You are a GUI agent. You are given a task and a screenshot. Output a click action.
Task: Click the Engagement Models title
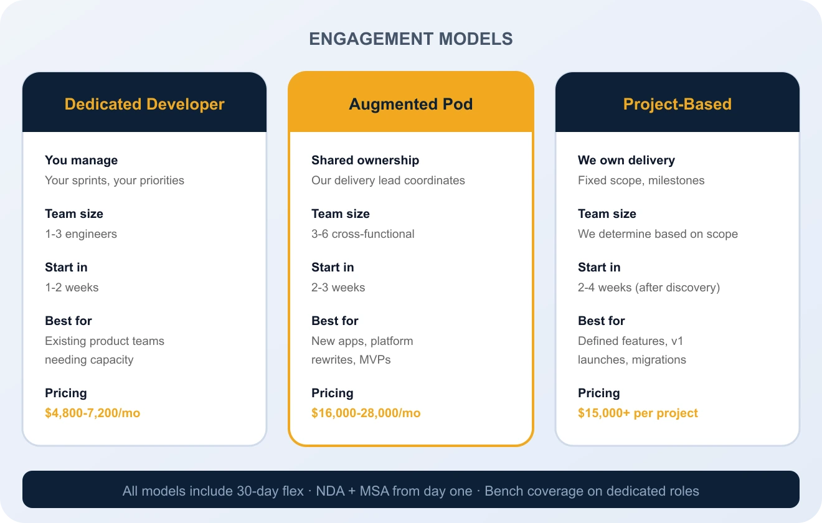[411, 39]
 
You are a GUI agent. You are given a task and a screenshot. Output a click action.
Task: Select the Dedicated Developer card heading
[144, 104]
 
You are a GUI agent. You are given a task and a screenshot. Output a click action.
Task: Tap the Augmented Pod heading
[411, 104]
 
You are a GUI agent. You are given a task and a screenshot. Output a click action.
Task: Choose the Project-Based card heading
[677, 104]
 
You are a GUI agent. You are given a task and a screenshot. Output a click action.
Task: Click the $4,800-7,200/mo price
[92, 413]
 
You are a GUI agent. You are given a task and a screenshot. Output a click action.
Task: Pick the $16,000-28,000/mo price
[366, 413]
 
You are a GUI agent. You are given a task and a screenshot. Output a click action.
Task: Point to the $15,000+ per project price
[638, 413]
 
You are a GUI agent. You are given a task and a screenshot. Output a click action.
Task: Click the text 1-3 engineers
[81, 234]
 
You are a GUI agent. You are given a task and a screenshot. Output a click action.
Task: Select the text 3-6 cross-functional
[362, 234]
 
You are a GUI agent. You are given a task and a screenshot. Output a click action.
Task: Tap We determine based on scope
[658, 234]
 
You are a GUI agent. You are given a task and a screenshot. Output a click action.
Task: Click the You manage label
[81, 160]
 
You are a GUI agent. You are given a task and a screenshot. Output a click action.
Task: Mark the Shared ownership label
[365, 160]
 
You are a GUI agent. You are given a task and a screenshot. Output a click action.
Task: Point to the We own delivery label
[626, 160]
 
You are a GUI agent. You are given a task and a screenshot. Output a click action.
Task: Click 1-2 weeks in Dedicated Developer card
[72, 288]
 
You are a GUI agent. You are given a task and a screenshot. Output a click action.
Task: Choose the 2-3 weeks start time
[338, 288]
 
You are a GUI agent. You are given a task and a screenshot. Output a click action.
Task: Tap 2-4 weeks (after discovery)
[648, 288]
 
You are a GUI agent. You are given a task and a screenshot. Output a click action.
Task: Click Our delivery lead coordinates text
[388, 181]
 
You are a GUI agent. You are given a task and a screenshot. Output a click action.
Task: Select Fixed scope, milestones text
[641, 181]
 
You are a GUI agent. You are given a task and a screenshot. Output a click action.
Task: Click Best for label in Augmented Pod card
[335, 321]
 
